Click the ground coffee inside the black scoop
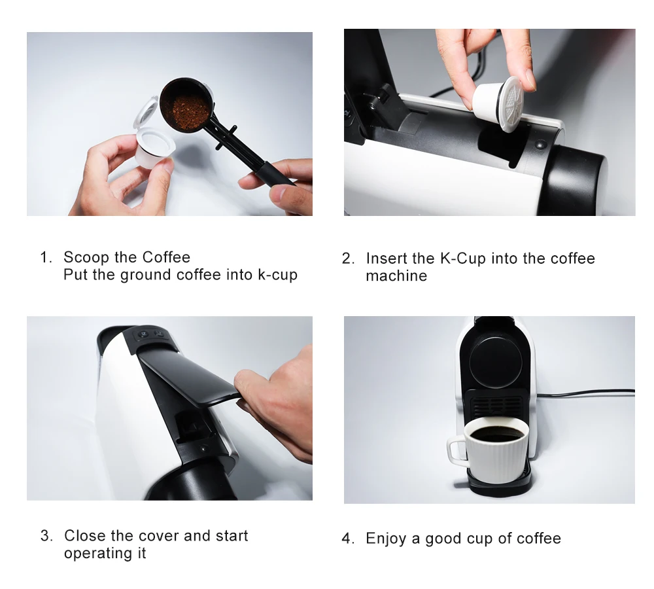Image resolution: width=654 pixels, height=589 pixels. coord(186,111)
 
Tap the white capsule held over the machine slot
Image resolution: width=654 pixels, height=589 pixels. coord(498,103)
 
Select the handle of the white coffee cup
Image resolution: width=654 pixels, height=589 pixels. coord(456,450)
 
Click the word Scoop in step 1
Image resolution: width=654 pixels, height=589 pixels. coord(86,257)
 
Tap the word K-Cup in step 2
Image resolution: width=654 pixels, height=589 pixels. coord(463,259)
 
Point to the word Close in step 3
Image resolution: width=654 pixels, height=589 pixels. coord(84,535)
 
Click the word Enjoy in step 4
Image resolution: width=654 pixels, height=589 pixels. coord(386,539)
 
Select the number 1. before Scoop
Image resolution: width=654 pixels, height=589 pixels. coord(46,257)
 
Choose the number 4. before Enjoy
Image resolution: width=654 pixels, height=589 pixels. coord(348,539)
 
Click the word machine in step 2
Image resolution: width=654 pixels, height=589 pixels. coord(396,276)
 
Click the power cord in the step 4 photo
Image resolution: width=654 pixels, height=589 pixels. coord(585,393)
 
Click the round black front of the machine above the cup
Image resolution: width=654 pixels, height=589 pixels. coord(496,361)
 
